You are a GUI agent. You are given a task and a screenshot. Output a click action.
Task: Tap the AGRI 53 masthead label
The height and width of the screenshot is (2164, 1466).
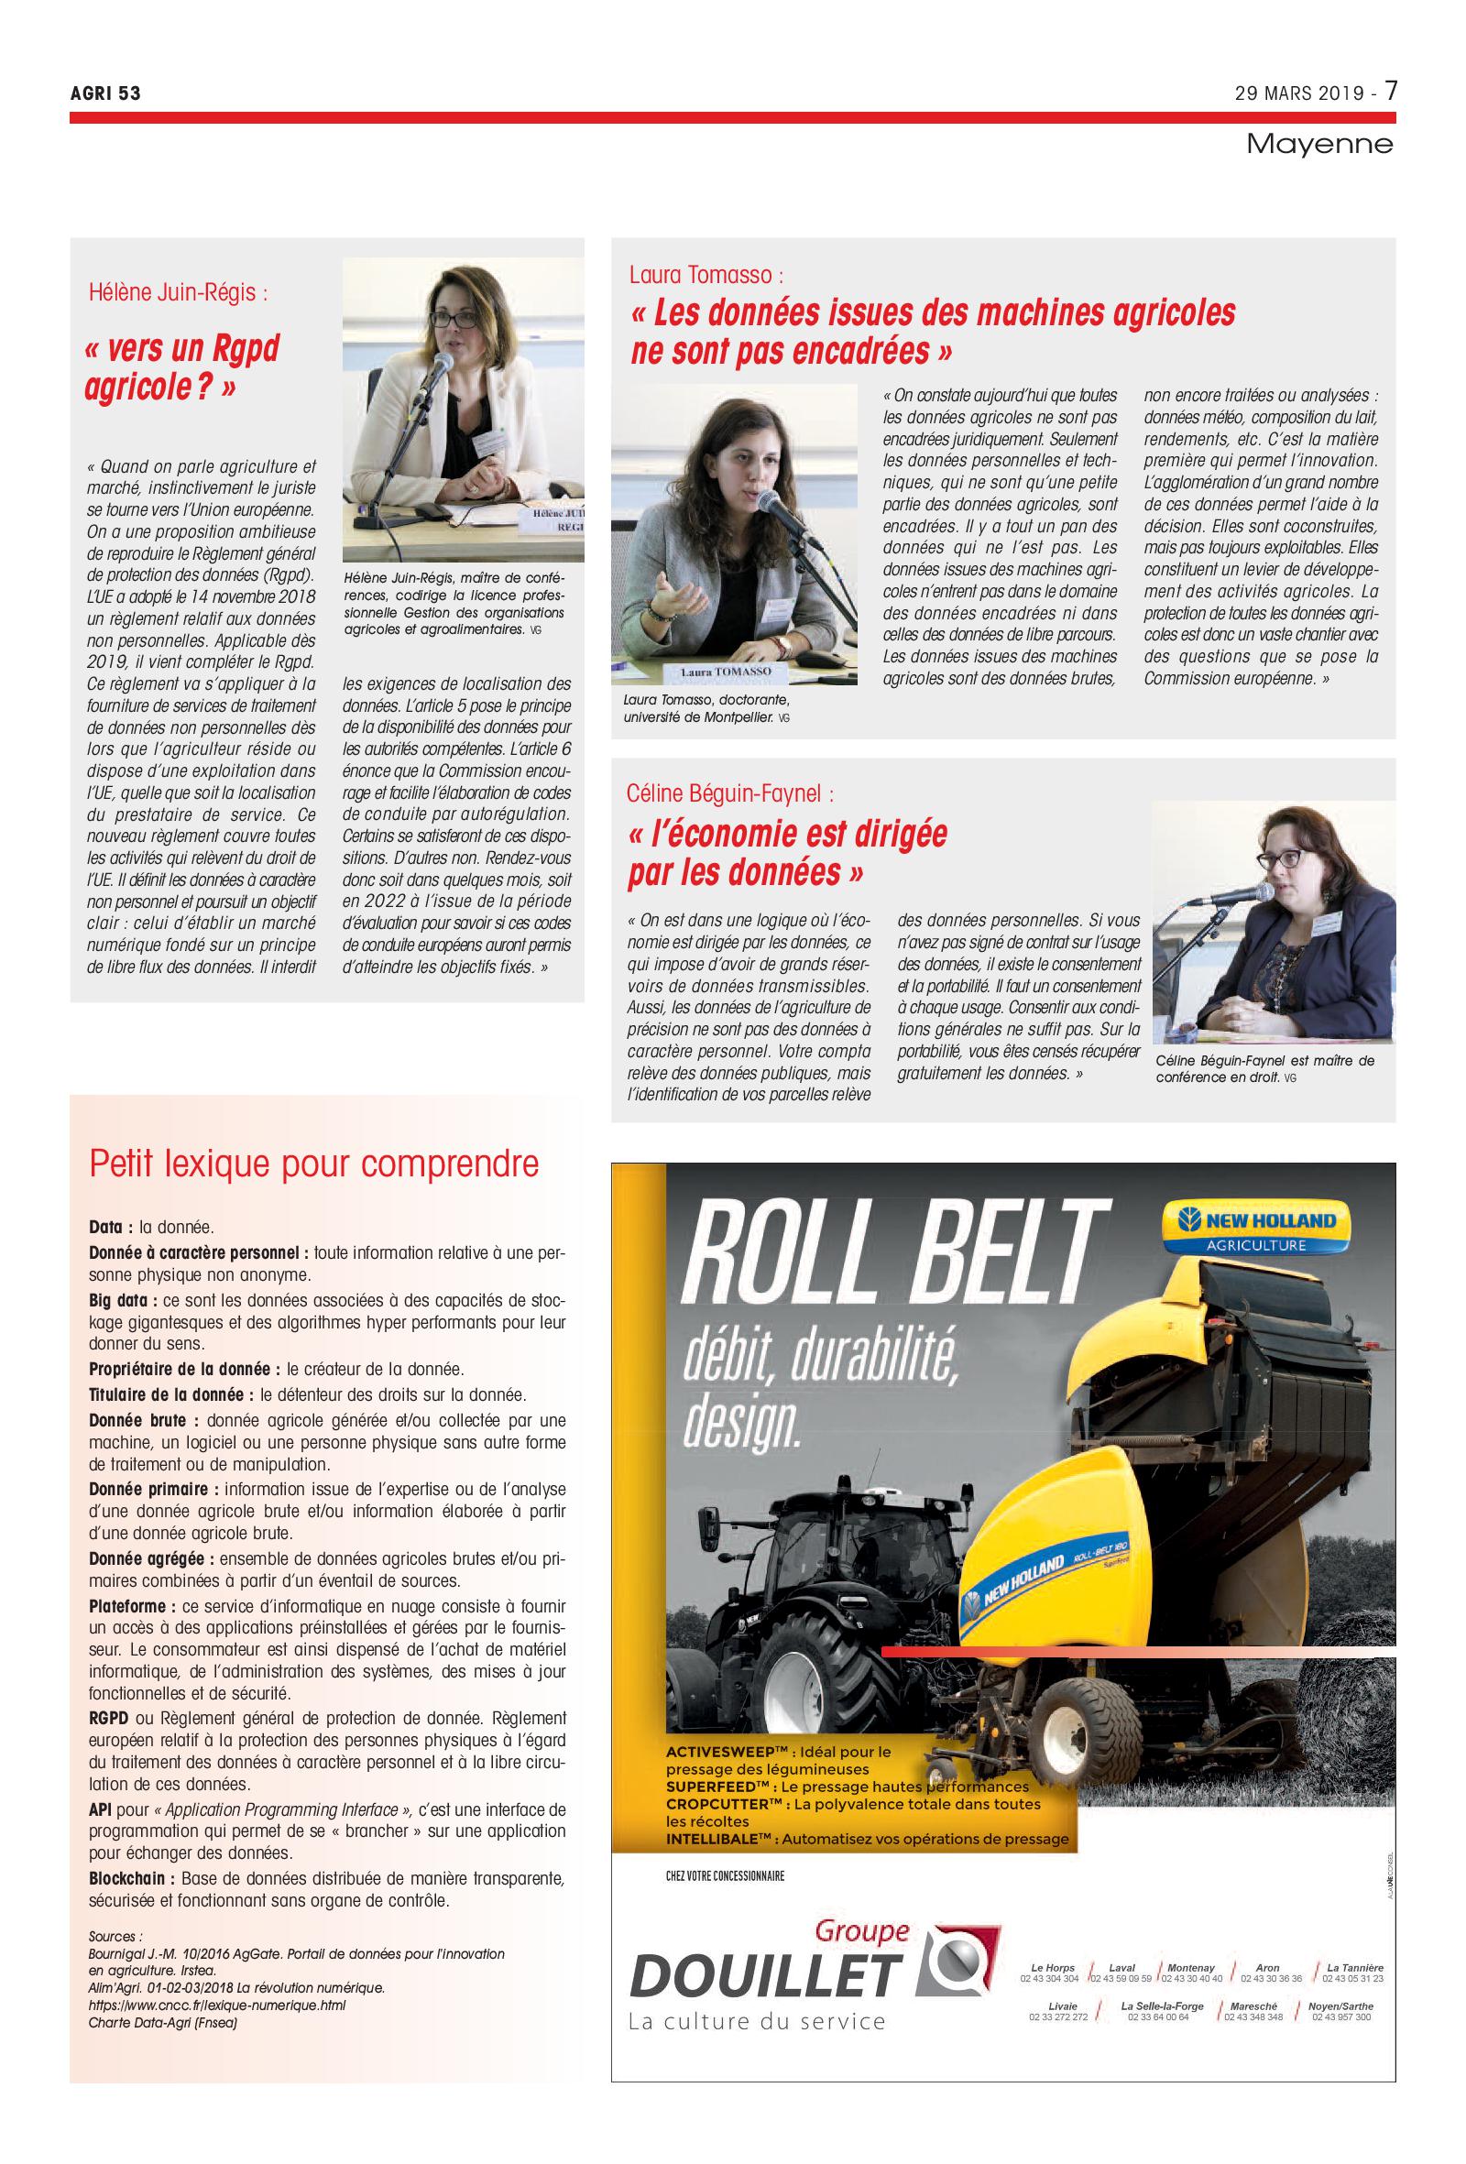point(104,93)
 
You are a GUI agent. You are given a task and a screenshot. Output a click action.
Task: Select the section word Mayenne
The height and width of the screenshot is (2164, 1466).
point(1318,145)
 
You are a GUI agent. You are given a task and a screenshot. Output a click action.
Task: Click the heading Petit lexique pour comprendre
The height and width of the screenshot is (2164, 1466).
point(313,1164)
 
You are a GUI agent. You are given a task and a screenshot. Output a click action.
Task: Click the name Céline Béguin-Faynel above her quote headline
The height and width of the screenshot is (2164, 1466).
point(729,793)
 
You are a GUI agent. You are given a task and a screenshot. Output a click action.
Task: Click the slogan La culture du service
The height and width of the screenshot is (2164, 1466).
point(756,2021)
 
